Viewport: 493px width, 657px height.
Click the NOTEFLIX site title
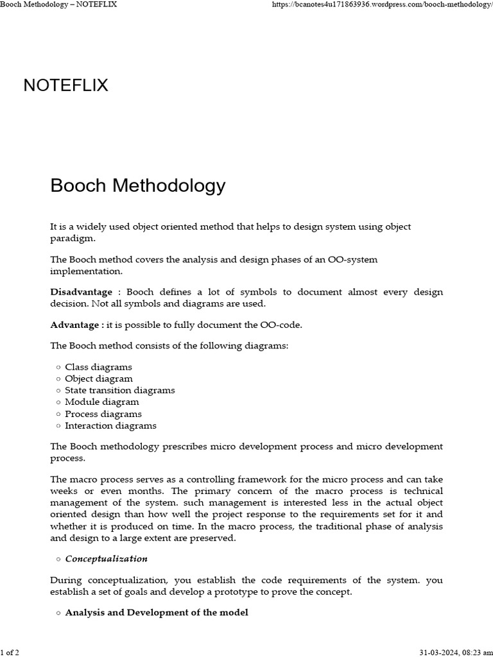click(65, 85)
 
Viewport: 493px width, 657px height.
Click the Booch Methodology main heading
click(138, 186)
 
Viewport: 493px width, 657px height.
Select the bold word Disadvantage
click(81, 292)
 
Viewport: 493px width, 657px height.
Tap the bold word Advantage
click(74, 325)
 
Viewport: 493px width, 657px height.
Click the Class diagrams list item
click(98, 367)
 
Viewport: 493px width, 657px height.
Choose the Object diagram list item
click(99, 379)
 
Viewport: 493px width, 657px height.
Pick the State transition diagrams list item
click(119, 390)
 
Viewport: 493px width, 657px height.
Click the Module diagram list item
click(101, 402)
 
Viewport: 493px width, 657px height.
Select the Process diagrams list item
click(103, 414)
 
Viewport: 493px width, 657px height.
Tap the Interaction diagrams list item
click(110, 425)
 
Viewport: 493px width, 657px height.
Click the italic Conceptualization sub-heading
click(106, 559)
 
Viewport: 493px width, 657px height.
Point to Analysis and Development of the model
click(156, 613)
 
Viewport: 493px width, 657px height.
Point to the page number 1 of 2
click(10, 653)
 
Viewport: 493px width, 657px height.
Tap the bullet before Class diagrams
click(58, 368)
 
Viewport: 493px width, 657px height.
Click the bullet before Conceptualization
click(58, 559)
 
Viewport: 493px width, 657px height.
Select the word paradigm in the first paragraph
click(72, 239)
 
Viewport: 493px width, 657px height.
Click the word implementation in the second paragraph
click(83, 271)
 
